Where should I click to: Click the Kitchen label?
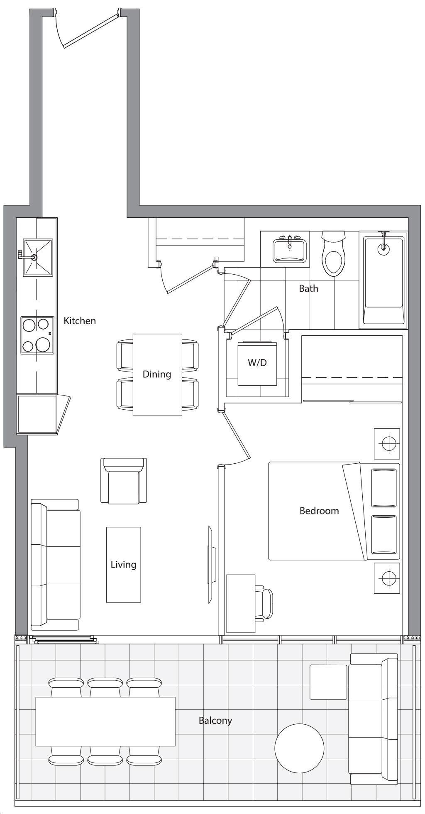click(80, 321)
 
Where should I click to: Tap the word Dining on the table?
click(157, 374)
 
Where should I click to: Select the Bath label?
click(309, 288)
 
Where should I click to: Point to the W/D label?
click(257, 363)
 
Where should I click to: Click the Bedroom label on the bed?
click(319, 511)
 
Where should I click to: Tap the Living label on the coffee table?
click(123, 565)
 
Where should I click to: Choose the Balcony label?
click(215, 721)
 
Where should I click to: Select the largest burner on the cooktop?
click(43, 344)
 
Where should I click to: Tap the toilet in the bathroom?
click(334, 254)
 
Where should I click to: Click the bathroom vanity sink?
click(289, 250)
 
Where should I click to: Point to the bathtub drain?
click(383, 248)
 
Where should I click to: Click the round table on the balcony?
click(299, 748)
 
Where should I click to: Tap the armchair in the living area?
click(124, 481)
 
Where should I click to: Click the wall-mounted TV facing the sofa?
click(211, 565)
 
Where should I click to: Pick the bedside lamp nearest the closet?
click(387, 443)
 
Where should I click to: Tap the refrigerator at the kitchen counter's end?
click(37, 415)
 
